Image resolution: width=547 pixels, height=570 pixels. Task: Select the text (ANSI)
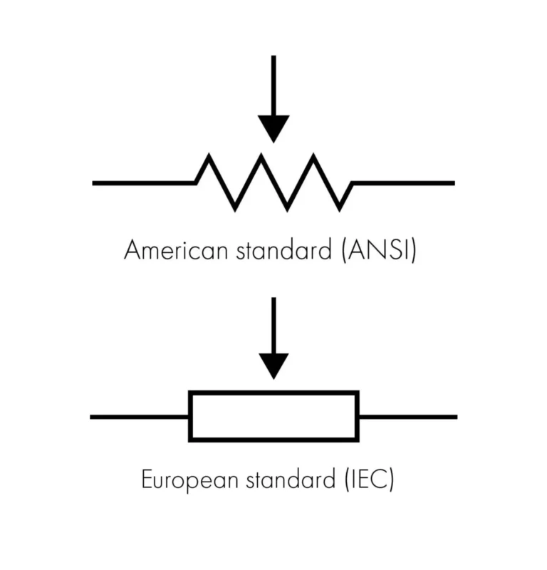(x=375, y=251)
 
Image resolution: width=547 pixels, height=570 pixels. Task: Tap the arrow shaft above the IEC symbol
(x=273, y=324)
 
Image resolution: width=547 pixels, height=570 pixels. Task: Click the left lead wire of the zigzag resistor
(x=142, y=183)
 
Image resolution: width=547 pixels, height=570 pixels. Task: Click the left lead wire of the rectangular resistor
(x=139, y=416)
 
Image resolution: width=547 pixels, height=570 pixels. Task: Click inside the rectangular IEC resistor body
(x=273, y=416)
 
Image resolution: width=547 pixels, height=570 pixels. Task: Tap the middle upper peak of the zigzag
(x=261, y=157)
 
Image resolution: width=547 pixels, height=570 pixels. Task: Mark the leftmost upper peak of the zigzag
(x=209, y=157)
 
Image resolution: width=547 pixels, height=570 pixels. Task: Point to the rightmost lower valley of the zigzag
(x=340, y=208)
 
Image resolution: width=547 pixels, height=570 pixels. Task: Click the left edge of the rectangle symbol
(x=190, y=416)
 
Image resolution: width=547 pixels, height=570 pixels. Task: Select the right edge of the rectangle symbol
(x=358, y=416)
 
